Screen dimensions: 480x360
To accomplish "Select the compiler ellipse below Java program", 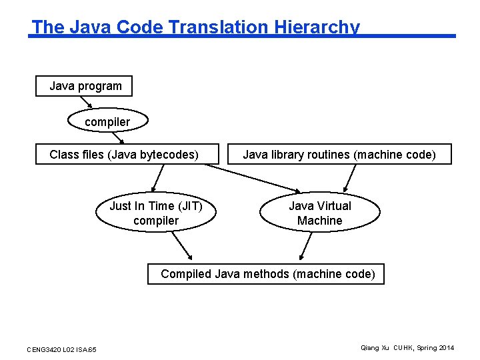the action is click(x=107, y=122).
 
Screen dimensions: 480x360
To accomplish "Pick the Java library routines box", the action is click(x=339, y=155).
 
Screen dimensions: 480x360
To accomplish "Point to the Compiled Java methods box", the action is click(x=266, y=273).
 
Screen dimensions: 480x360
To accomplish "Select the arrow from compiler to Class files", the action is click(x=118, y=138).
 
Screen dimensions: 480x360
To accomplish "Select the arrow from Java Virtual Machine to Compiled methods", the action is click(x=307, y=245).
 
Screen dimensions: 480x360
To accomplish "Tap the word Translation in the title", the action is click(x=221, y=27).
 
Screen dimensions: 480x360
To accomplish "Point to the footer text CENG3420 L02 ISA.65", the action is click(x=61, y=349).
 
